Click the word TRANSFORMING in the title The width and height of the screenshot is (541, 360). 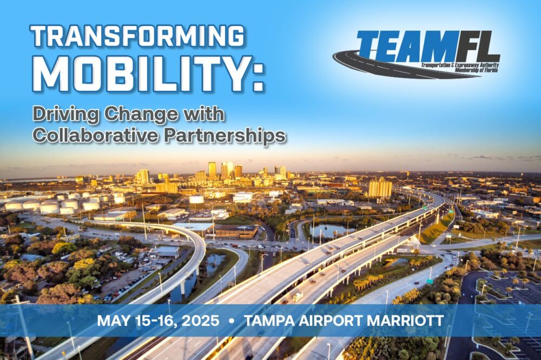138,36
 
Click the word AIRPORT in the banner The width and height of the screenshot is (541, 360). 331,321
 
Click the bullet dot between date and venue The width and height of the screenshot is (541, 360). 232,321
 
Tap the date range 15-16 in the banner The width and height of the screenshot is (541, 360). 154,321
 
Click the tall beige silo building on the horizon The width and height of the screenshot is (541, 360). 380,188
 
